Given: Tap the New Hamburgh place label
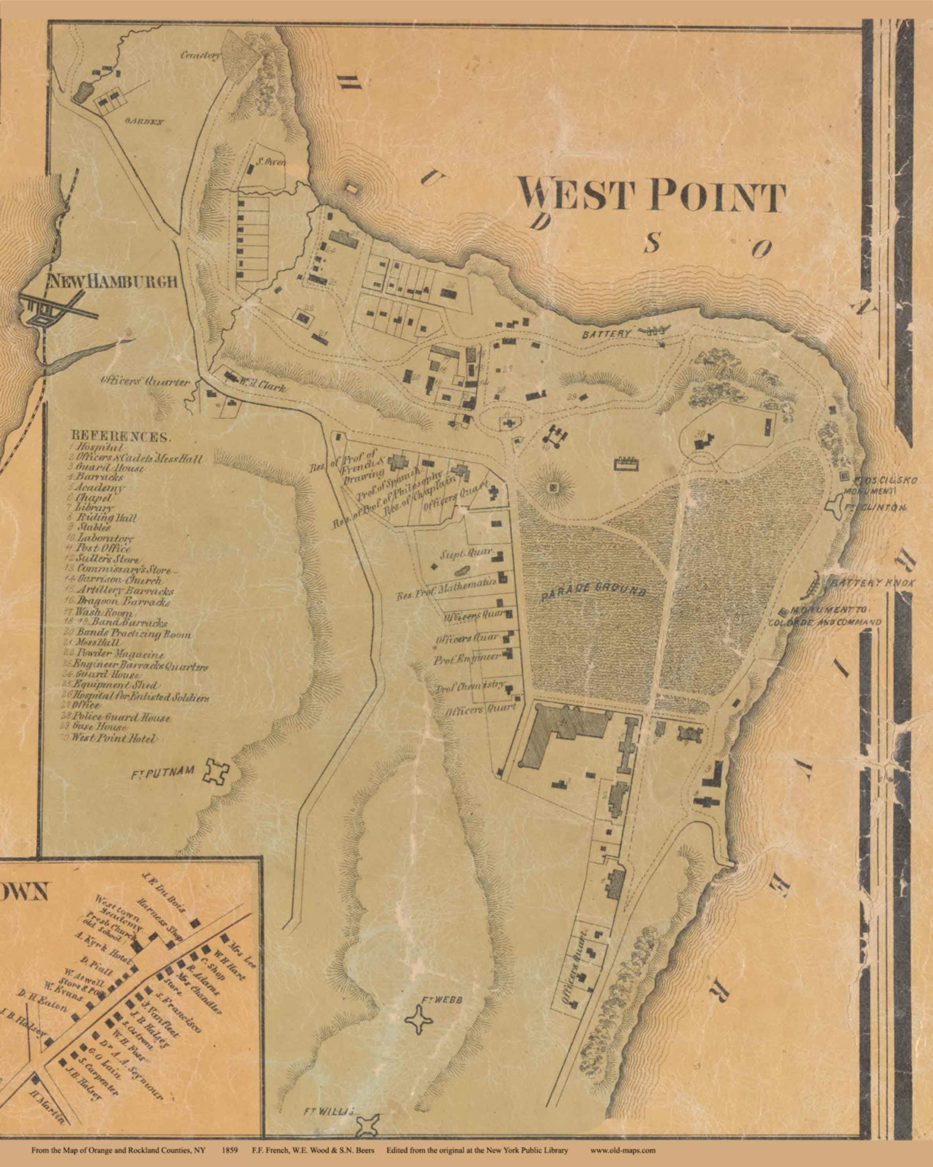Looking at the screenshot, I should [x=113, y=282].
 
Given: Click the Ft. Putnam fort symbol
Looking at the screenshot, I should [x=215, y=771].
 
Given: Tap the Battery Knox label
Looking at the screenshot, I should [x=872, y=583].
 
